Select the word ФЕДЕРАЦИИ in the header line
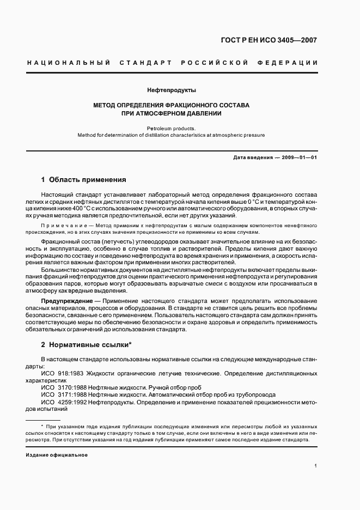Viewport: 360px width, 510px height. click(x=292, y=63)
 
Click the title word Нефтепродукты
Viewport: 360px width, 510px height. click(x=172, y=90)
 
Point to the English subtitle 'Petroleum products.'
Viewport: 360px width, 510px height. click(x=172, y=129)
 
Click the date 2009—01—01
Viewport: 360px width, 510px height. click(x=298, y=157)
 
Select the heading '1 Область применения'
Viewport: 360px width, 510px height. click(x=83, y=179)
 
